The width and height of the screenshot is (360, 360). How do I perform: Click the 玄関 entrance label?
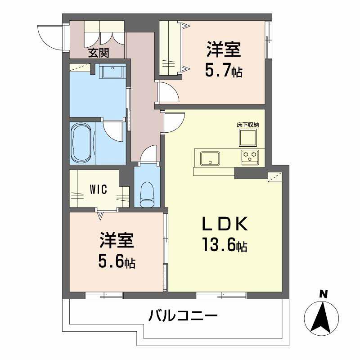[x=99, y=53]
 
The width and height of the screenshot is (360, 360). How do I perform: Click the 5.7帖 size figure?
[x=224, y=70]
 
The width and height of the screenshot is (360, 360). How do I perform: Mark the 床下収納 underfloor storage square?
[x=247, y=136]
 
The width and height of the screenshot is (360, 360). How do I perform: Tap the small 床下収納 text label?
[x=247, y=124]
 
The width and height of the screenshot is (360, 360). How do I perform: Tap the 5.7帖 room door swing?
[x=168, y=93]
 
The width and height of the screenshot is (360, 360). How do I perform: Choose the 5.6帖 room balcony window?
[x=104, y=295]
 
